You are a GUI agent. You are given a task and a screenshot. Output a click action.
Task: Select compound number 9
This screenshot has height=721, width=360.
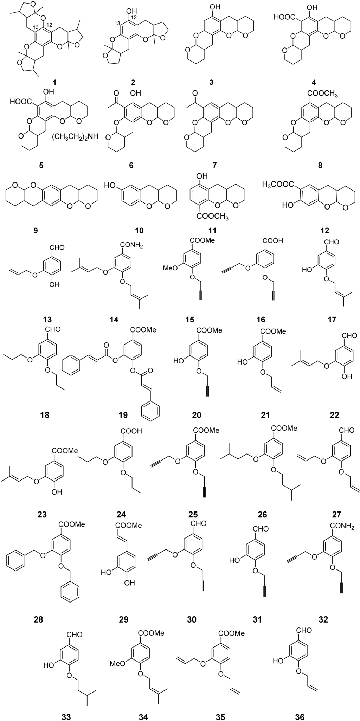34,231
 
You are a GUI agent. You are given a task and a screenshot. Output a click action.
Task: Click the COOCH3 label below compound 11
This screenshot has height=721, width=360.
213,218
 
